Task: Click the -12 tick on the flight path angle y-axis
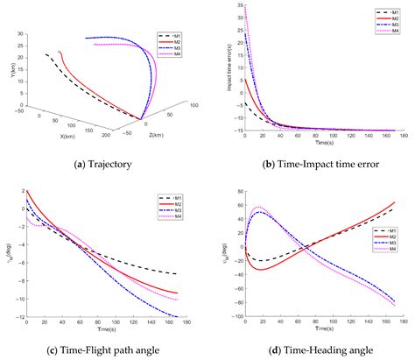tap(18, 316)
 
